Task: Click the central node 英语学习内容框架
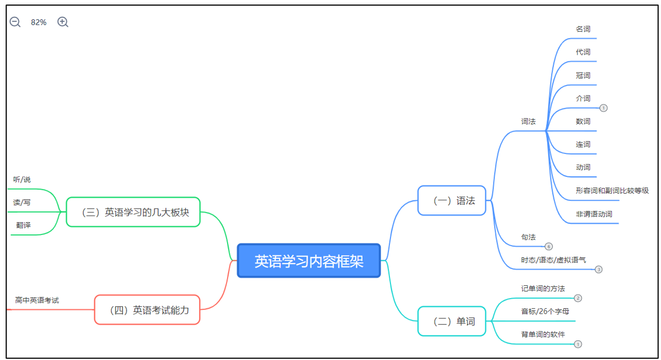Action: click(x=308, y=261)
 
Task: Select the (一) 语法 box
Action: click(x=452, y=200)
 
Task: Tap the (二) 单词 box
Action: click(x=452, y=321)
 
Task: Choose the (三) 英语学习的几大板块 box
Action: click(x=133, y=212)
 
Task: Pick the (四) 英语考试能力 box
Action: click(x=147, y=310)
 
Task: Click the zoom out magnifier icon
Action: click(x=15, y=22)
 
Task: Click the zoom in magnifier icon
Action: click(x=63, y=22)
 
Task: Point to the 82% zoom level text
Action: click(x=39, y=22)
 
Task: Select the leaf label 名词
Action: click(x=583, y=29)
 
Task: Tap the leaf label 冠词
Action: click(x=583, y=75)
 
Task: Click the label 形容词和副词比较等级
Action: click(x=612, y=191)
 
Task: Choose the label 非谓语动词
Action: click(x=594, y=214)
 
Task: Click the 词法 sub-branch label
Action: click(x=528, y=121)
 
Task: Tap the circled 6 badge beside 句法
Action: click(x=549, y=246)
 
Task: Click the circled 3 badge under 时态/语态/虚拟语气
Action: click(x=599, y=270)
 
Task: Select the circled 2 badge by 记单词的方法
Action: click(x=578, y=298)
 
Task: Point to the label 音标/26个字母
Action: click(x=545, y=311)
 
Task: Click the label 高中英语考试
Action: click(x=37, y=300)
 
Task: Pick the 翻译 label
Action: click(x=23, y=225)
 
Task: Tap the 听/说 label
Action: click(x=22, y=180)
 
